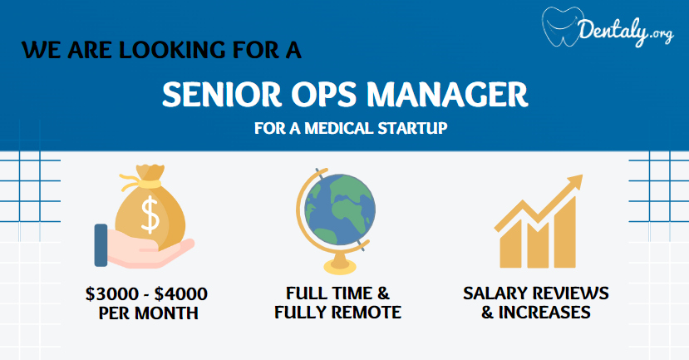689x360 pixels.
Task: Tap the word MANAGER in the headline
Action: tap(447, 95)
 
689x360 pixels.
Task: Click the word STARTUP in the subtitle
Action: tap(412, 128)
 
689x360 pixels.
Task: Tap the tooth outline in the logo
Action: tap(562, 27)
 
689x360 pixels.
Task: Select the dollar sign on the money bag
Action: tap(150, 215)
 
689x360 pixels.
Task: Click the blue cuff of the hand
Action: tap(101, 244)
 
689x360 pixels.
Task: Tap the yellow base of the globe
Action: tap(340, 263)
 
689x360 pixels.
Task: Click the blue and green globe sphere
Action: tap(340, 210)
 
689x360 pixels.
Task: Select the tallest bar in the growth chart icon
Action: tap(564, 232)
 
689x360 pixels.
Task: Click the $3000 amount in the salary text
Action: tap(111, 293)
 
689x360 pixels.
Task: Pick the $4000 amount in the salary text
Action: tap(181, 293)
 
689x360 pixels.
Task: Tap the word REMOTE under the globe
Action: tap(366, 313)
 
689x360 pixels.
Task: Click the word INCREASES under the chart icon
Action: tap(544, 313)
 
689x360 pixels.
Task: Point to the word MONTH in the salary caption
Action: tap(166, 313)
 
